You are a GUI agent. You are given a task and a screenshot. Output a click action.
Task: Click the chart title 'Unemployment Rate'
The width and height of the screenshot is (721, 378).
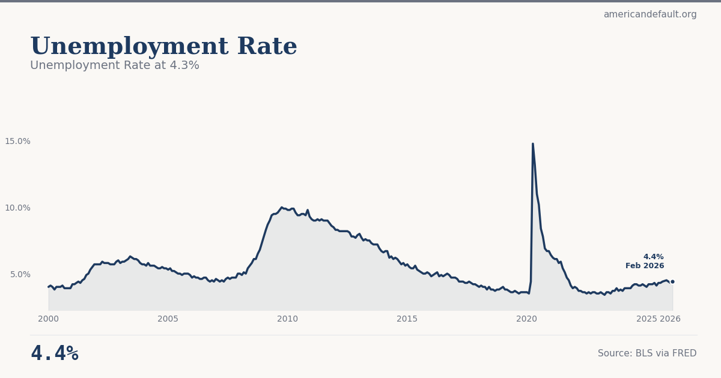click(x=163, y=47)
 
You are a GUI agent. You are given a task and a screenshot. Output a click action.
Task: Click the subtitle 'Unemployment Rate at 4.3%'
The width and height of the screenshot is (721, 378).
click(x=115, y=65)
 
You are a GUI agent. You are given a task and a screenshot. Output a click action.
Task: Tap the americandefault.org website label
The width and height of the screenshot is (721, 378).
click(x=650, y=14)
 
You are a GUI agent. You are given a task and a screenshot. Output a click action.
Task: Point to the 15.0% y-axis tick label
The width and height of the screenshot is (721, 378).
click(x=17, y=141)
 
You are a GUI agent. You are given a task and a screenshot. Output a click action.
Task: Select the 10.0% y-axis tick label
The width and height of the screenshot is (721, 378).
click(x=17, y=208)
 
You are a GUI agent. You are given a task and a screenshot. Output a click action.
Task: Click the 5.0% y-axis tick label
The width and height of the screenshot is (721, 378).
click(x=20, y=274)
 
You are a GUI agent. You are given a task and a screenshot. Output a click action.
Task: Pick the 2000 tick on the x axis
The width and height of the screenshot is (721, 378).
click(x=49, y=319)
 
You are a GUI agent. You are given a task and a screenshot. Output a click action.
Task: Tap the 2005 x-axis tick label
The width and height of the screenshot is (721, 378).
click(x=168, y=319)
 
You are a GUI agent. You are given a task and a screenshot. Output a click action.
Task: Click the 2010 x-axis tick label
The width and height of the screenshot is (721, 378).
click(x=287, y=319)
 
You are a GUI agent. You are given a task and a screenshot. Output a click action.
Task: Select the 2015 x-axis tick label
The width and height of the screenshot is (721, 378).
click(x=407, y=319)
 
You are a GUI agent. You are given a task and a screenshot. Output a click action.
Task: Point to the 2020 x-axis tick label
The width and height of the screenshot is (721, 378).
click(x=526, y=319)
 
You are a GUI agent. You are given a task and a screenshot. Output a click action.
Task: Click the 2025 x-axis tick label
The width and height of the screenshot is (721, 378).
click(x=646, y=319)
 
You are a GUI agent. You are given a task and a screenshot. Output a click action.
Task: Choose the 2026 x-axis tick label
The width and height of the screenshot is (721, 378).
click(x=671, y=319)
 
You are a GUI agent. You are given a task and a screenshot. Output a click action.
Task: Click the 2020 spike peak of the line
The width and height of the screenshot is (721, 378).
click(x=532, y=144)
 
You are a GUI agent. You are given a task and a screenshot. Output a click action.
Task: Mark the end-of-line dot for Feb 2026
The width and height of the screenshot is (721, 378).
click(x=672, y=281)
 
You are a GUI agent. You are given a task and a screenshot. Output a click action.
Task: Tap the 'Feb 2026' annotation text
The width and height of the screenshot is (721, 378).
click(x=645, y=266)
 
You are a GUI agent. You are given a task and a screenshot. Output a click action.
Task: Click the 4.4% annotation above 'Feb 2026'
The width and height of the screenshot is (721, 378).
click(x=653, y=257)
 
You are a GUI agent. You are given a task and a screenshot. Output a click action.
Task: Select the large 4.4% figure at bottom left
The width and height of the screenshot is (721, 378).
click(x=55, y=353)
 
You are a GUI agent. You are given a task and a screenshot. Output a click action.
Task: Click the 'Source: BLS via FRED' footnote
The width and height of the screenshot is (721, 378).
click(x=647, y=353)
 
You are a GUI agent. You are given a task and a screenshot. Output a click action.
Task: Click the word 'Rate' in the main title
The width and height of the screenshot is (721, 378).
click(x=267, y=47)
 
